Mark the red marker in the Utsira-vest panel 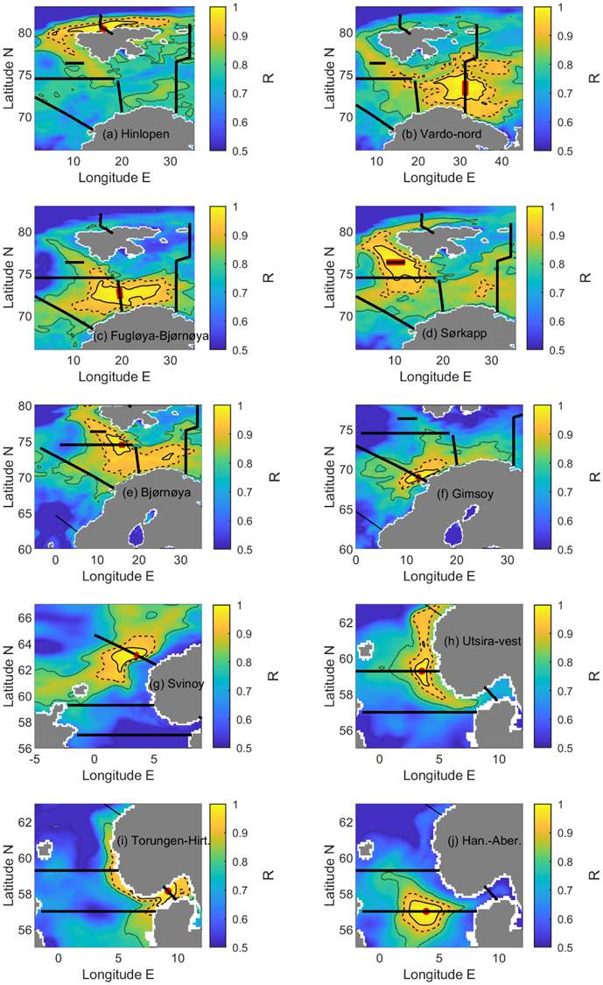pos(422,671)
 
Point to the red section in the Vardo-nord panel pos(465,88)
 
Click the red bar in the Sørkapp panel pos(395,262)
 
